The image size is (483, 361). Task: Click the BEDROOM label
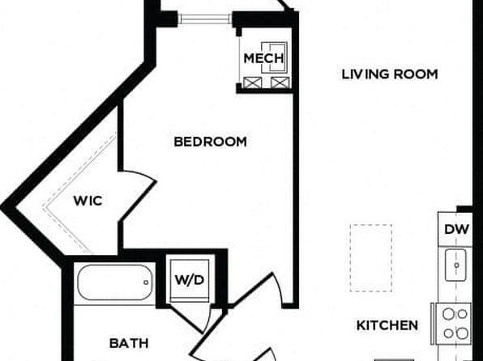[211, 142]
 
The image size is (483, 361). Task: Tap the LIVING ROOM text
[390, 74]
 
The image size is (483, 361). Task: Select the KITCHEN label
[387, 325]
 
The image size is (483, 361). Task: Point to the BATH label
[129, 343]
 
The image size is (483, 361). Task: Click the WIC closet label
[88, 201]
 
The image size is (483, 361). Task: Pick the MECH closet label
[263, 58]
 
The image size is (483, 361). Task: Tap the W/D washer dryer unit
[190, 280]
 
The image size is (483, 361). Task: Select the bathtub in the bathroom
[115, 282]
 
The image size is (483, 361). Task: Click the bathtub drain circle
[146, 282]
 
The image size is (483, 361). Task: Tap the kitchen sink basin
[455, 265]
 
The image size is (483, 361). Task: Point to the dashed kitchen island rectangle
[371, 258]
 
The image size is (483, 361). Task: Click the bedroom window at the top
[205, 19]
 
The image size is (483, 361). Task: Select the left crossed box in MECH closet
[253, 83]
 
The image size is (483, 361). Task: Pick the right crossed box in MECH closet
[280, 83]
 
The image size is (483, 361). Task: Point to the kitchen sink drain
[456, 265]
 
